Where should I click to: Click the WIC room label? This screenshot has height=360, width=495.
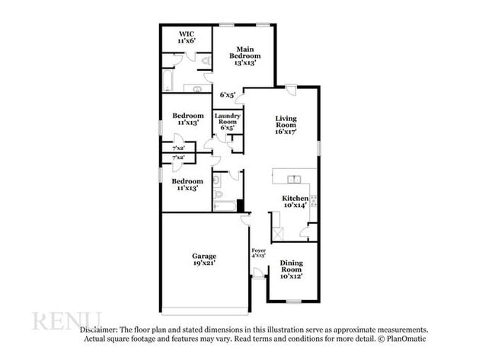pyautogui.click(x=187, y=34)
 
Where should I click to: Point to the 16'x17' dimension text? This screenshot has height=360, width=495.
pyautogui.click(x=286, y=132)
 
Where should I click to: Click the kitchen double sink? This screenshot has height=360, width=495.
pyautogui.click(x=292, y=180)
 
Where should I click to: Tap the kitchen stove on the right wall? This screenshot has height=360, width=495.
pyautogui.click(x=312, y=201)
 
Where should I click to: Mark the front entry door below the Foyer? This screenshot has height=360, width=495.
pyautogui.click(x=259, y=278)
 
